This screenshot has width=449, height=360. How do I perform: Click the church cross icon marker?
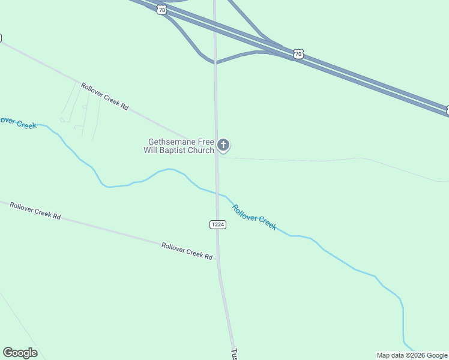[223, 145]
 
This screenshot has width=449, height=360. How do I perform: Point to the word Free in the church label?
[203, 142]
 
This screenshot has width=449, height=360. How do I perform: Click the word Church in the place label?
[200, 151]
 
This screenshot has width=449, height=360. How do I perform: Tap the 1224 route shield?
[217, 224]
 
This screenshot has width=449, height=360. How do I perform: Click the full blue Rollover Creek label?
[255, 217]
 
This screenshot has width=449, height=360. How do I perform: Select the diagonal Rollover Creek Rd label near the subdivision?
[105, 96]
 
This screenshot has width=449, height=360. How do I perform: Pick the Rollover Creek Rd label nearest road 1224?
[187, 251]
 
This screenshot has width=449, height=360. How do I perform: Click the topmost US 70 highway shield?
[161, 10]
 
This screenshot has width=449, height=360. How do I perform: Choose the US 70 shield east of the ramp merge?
[298, 55]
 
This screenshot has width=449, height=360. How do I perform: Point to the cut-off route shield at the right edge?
[447, 110]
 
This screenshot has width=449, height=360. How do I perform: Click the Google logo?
[20, 353]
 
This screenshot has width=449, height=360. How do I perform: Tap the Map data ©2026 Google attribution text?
[412, 355]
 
